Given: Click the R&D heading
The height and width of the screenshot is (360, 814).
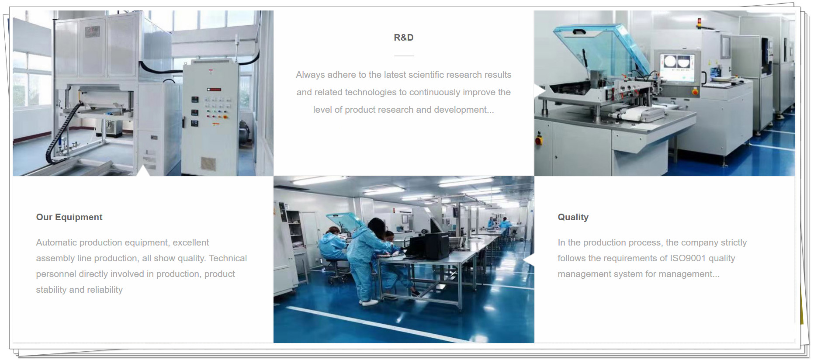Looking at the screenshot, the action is pyautogui.click(x=404, y=38).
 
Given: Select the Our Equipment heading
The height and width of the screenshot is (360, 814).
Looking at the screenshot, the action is pyautogui.click(x=69, y=217).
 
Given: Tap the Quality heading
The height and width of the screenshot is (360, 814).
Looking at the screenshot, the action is pyautogui.click(x=573, y=217).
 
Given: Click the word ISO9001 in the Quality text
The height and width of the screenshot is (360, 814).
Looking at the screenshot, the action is pyautogui.click(x=688, y=258).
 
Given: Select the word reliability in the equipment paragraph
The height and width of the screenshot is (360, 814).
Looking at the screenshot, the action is pyautogui.click(x=104, y=290).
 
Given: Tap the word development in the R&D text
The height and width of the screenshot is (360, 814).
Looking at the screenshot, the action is pyautogui.click(x=460, y=110).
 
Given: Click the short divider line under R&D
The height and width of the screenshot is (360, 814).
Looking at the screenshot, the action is pyautogui.click(x=404, y=56).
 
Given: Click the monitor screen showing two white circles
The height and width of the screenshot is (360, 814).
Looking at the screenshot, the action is pyautogui.click(x=677, y=63).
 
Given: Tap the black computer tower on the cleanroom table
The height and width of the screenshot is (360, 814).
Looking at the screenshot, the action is pyautogui.click(x=437, y=246).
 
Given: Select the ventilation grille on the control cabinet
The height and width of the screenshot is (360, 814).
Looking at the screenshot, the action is pyautogui.click(x=208, y=164).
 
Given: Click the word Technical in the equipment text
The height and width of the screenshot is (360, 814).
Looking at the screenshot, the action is pyautogui.click(x=228, y=258).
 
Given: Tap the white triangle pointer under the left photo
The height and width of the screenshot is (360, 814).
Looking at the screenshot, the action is pyautogui.click(x=143, y=171).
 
